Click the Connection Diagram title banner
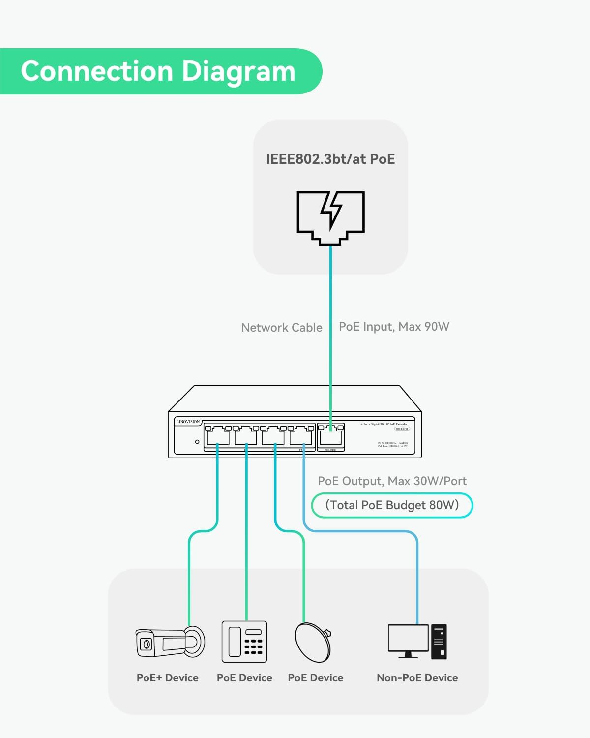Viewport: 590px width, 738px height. (158, 71)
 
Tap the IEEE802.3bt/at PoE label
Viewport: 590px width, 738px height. (330, 159)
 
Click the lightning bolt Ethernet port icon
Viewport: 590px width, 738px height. (330, 217)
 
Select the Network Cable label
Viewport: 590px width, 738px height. (282, 327)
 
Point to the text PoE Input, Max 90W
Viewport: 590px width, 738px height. (394, 327)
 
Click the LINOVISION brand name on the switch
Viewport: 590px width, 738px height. (188, 422)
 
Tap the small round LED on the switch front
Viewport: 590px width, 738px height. (197, 442)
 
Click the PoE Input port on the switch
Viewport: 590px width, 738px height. (331, 436)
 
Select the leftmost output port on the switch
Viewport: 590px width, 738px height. (217, 436)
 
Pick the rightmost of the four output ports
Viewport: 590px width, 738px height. (301, 436)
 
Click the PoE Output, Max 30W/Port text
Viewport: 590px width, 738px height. (392, 481)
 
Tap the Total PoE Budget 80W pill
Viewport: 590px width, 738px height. (392, 505)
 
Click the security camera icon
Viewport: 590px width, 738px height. (170, 642)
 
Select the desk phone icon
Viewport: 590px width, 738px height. (244, 642)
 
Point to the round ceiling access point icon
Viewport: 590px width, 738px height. (313, 642)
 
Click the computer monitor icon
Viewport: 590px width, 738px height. (408, 640)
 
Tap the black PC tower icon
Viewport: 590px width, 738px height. (439, 642)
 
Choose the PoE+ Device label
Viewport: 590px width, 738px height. (168, 677)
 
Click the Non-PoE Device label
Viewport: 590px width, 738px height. (417, 677)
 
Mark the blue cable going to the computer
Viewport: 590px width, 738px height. (417, 576)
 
